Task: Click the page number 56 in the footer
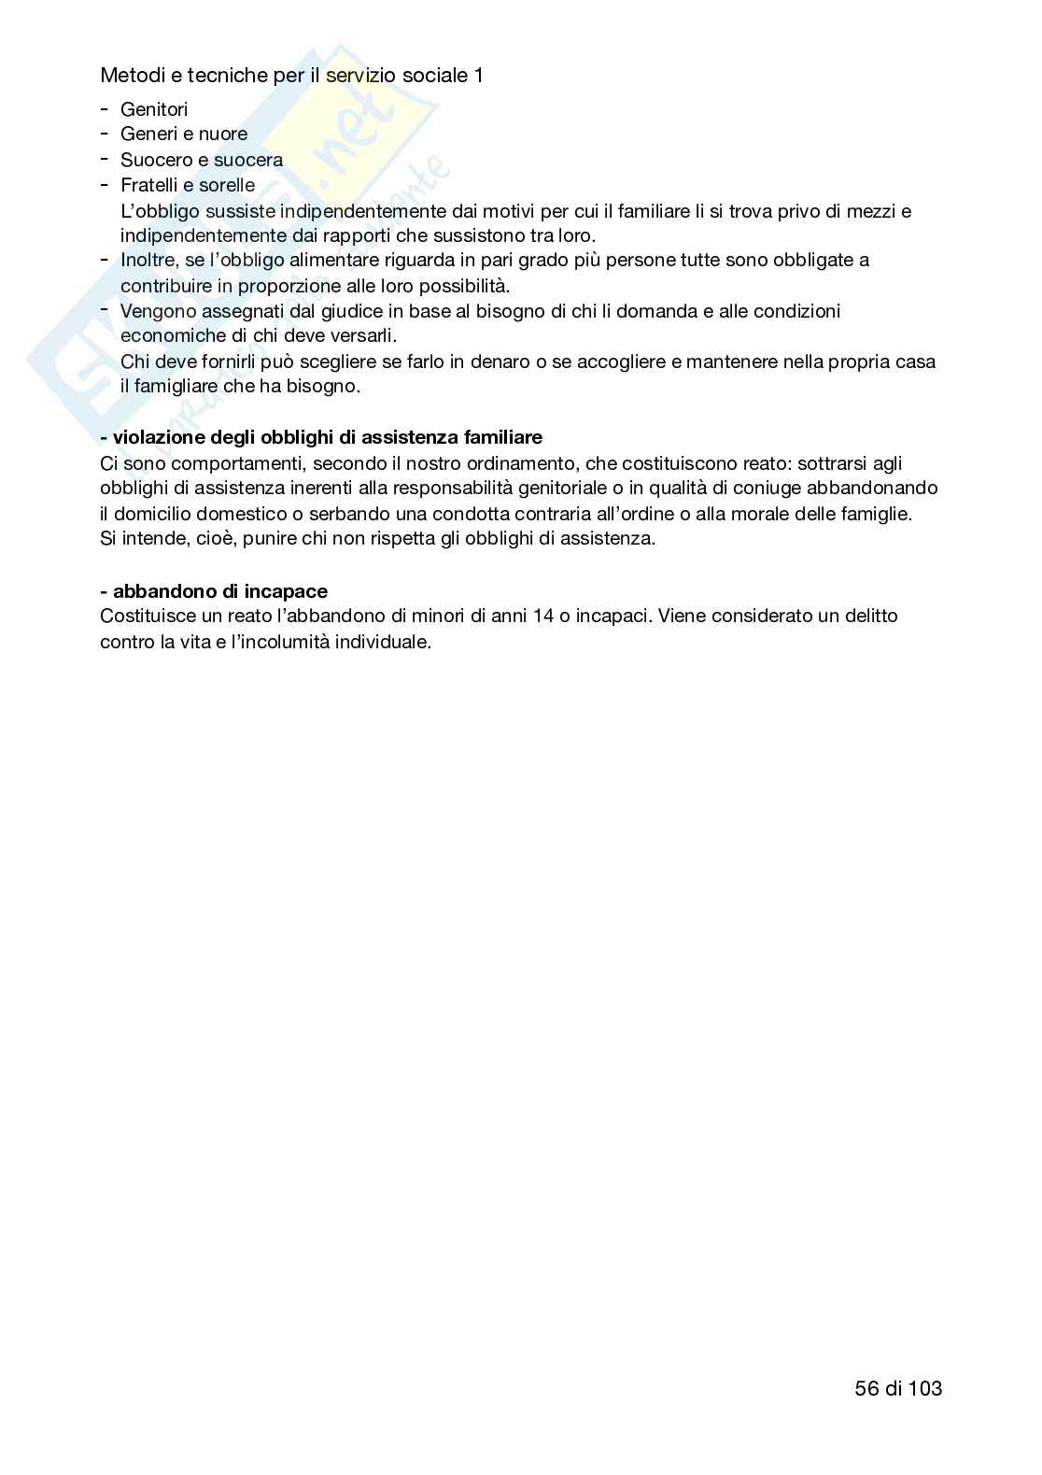pyautogui.click(x=866, y=1388)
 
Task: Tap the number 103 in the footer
pyautogui.click(x=924, y=1388)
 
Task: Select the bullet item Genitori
pyautogui.click(x=154, y=109)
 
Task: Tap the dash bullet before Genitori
pyautogui.click(x=104, y=108)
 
